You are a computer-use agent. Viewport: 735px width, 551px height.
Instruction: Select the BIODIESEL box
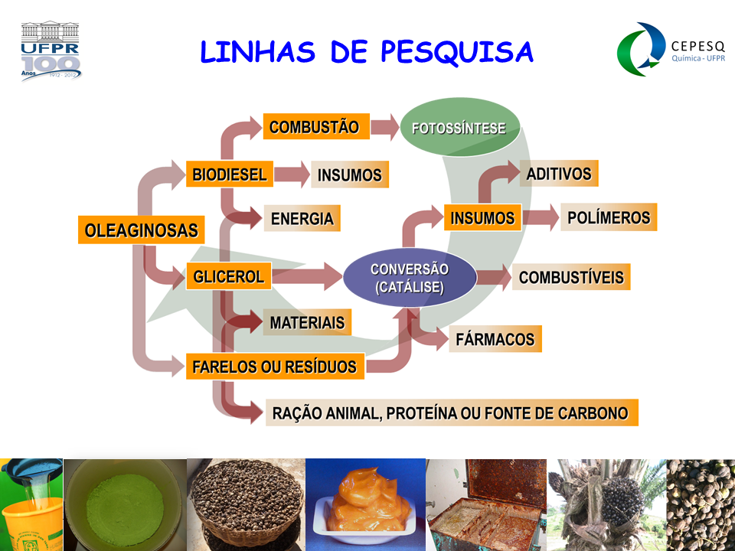229,174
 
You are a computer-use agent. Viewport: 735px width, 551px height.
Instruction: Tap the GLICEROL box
229,276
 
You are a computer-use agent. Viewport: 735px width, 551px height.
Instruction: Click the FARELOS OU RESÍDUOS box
274,367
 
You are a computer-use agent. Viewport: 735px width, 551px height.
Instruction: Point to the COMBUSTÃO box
315,127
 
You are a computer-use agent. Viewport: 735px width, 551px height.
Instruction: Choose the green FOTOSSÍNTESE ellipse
459,128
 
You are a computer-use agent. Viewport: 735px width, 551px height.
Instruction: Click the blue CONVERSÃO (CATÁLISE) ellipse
409,278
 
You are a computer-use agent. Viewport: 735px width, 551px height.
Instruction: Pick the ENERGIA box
302,219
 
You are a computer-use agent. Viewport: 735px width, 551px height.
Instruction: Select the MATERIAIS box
307,323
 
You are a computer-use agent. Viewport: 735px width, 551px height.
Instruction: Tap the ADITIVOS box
558,174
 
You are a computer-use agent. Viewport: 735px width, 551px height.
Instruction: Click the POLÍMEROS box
609,217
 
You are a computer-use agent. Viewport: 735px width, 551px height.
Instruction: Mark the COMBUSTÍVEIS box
571,277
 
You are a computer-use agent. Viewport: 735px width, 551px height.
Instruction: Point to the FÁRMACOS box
495,338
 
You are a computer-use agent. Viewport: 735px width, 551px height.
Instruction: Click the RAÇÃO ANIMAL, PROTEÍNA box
450,413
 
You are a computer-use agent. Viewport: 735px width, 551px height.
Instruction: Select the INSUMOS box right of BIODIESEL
349,174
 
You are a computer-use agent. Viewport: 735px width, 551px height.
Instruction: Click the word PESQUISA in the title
456,51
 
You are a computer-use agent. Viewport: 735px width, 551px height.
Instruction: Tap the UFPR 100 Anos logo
51,52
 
